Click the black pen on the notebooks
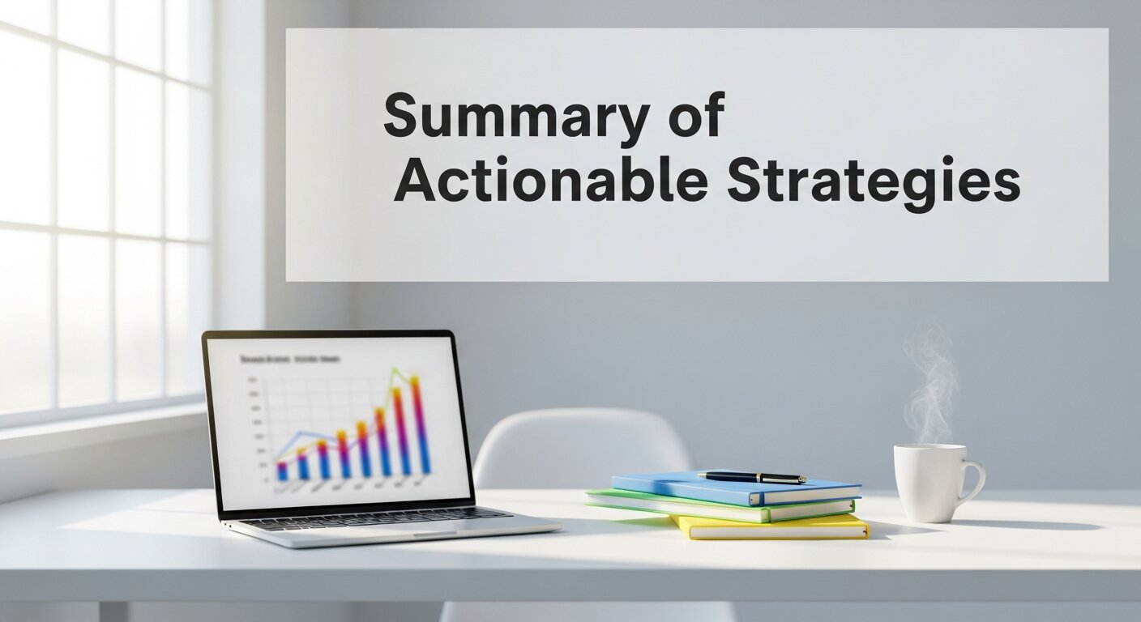click(x=751, y=477)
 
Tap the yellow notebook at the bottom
click(x=770, y=528)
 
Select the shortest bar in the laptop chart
click(x=282, y=471)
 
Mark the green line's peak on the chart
click(x=395, y=371)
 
